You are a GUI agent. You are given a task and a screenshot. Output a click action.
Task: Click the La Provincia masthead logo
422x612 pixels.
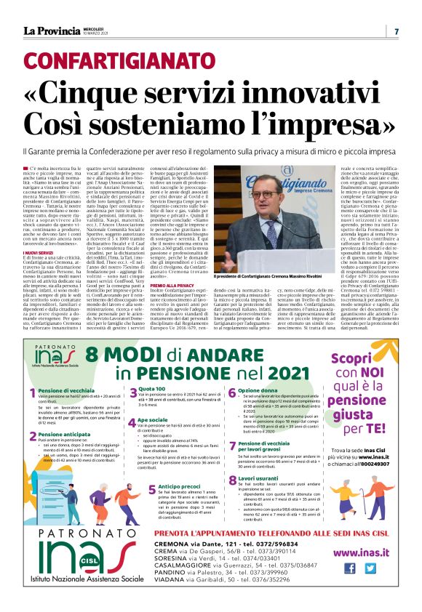[52, 31]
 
